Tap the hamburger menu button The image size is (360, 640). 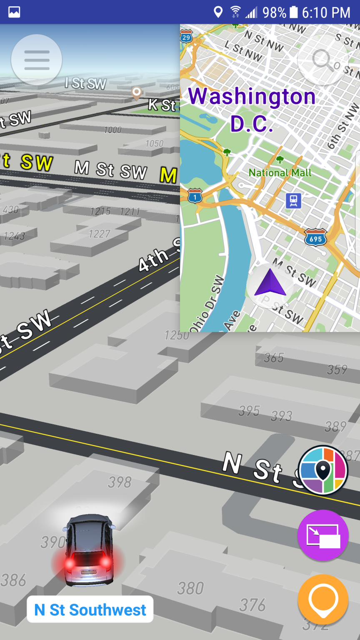point(37,60)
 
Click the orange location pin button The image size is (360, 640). point(323,600)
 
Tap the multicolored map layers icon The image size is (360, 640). point(323,470)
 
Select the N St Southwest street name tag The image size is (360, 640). point(90,610)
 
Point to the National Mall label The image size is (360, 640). point(280,172)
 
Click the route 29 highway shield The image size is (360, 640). point(186,37)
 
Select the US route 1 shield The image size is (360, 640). point(195,196)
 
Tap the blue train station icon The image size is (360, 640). point(293,201)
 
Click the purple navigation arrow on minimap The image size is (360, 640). point(270,283)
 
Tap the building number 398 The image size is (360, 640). point(120,482)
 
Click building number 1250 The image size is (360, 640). point(177,335)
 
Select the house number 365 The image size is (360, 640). point(274,357)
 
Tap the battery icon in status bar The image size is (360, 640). point(294,12)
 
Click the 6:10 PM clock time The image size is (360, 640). point(326,12)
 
